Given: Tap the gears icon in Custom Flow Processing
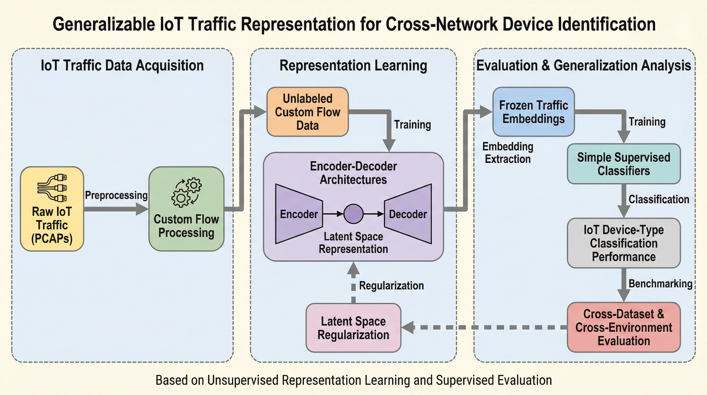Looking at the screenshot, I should [186, 192].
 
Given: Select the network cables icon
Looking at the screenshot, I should [52, 188].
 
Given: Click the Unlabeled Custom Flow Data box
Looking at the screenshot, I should [308, 112].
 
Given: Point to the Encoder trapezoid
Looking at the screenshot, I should [299, 214].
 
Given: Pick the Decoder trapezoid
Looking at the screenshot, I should [408, 214].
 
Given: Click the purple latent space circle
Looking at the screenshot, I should [353, 214].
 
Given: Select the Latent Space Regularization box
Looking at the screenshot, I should [353, 328].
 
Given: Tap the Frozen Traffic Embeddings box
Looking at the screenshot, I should [533, 112].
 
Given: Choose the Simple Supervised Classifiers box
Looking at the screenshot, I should [624, 164].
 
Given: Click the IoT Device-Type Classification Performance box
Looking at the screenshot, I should [624, 243].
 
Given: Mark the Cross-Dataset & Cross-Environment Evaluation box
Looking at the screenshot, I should [624, 327].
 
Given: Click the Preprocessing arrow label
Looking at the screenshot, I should [116, 195].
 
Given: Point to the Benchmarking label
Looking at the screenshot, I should [660, 283].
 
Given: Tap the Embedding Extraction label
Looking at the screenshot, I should [508, 153].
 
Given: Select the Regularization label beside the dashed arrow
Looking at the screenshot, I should [391, 286].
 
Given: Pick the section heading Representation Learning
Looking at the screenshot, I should [353, 66].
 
